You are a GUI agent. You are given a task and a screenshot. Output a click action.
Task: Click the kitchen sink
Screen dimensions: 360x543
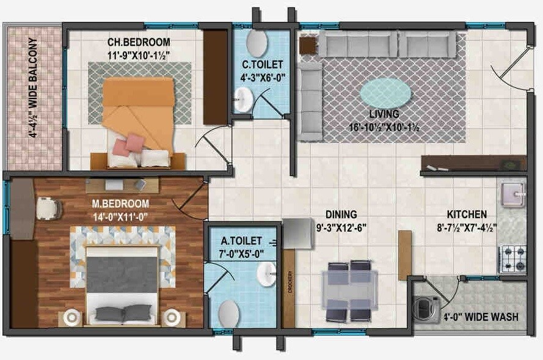pyautogui.click(x=512, y=194)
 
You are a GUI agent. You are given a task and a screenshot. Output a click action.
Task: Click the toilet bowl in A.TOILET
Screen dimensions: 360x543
pyautogui.click(x=228, y=312)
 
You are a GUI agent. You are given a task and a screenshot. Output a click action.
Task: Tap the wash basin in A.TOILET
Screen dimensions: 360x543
pyautogui.click(x=268, y=276)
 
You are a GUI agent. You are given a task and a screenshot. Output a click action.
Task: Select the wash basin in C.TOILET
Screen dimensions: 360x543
pyautogui.click(x=244, y=98)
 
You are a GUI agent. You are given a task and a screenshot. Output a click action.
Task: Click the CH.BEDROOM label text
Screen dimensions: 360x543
pyautogui.click(x=139, y=42)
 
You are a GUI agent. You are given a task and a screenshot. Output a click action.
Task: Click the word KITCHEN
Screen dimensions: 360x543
pyautogui.click(x=467, y=215)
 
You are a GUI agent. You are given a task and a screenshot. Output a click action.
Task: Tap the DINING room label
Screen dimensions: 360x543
pyautogui.click(x=340, y=215)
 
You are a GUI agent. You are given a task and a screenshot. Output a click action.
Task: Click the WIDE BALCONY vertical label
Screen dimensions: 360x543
pyautogui.click(x=32, y=88)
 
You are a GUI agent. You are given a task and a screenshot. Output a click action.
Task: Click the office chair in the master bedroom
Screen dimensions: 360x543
pyautogui.click(x=48, y=208)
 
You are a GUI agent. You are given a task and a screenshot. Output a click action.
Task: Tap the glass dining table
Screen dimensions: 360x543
pyautogui.click(x=349, y=291)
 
